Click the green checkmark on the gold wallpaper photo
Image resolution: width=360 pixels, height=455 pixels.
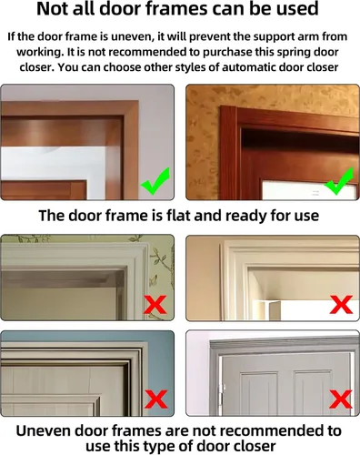coord(338,182)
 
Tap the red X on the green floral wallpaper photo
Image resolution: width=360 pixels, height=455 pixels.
coord(155,305)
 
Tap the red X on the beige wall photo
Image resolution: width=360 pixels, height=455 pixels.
coord(341,304)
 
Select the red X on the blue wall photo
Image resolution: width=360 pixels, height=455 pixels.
coord(155,399)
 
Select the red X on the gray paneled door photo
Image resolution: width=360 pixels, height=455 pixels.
coord(341,399)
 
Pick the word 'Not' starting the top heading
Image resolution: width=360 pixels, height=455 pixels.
coord(49,8)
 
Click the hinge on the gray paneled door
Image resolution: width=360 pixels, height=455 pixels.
coord(223,389)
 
